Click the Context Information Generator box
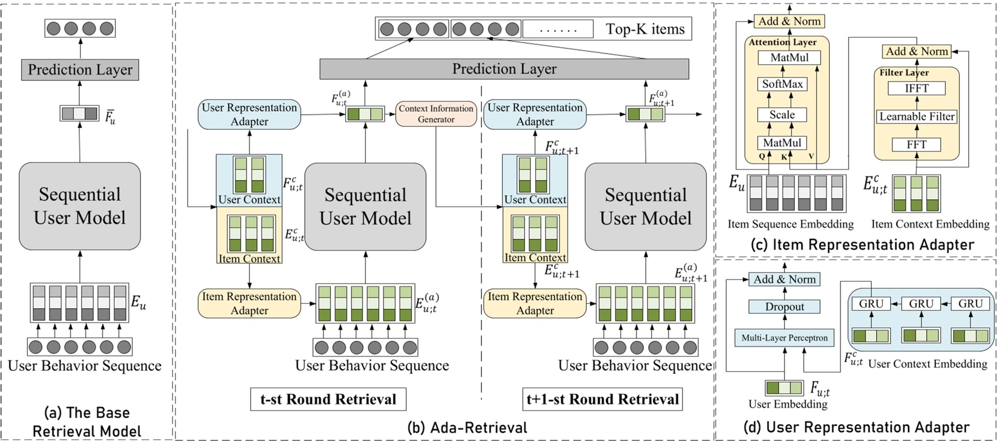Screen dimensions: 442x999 coord(436,114)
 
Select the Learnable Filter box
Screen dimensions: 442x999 coord(916,116)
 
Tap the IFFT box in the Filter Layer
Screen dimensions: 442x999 coord(916,89)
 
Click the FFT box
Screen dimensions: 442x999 coord(916,144)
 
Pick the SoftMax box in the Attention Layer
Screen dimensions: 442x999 coord(782,84)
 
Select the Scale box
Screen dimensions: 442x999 coord(782,115)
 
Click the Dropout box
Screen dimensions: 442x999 coord(785,307)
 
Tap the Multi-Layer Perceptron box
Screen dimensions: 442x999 coord(785,338)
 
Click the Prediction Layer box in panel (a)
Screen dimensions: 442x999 coord(80,70)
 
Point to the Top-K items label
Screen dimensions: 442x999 coord(645,29)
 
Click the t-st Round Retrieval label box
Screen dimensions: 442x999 coord(328,399)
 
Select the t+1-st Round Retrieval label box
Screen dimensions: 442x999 coord(602,399)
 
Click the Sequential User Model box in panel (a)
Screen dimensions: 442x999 coord(80,206)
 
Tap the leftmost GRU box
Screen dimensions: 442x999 coord(871,304)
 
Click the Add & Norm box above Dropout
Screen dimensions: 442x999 coord(785,280)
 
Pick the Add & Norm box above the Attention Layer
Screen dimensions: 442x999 coord(789,22)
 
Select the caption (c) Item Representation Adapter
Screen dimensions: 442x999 coord(863,245)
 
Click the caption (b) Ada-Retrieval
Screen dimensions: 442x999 coord(467,428)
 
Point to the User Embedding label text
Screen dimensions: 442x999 coord(787,404)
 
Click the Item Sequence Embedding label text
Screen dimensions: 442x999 coord(790,224)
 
